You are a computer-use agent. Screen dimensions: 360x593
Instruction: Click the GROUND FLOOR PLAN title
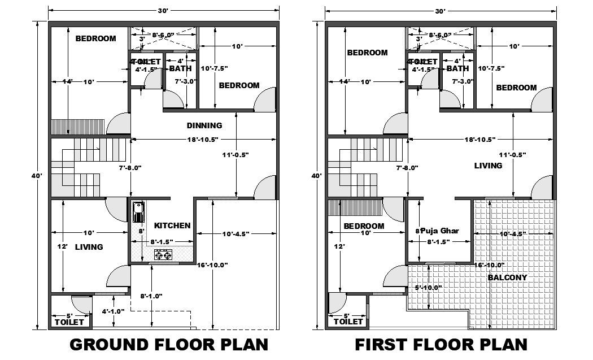(x=168, y=344)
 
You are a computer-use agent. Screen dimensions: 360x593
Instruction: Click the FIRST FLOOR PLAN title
(x=441, y=344)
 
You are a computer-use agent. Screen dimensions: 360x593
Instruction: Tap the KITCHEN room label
(x=172, y=225)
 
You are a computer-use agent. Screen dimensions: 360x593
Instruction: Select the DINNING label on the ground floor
(x=204, y=125)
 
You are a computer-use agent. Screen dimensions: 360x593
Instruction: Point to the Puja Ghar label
(x=440, y=231)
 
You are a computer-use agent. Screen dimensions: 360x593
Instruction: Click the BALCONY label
(x=507, y=277)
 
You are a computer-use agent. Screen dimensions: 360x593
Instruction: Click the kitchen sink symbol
(x=137, y=213)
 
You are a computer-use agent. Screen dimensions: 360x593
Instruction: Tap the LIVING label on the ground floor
(x=89, y=247)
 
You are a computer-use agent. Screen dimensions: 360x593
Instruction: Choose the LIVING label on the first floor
(x=488, y=166)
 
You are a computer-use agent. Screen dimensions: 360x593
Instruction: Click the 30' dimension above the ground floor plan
(x=164, y=11)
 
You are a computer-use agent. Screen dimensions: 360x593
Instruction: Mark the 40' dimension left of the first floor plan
(x=316, y=176)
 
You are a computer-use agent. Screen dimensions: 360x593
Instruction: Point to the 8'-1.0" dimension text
(x=151, y=296)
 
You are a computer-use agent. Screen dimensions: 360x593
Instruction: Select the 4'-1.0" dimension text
(x=113, y=311)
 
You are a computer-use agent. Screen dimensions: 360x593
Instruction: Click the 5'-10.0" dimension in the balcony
(x=428, y=287)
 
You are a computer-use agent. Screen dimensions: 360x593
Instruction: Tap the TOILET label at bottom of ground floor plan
(x=69, y=322)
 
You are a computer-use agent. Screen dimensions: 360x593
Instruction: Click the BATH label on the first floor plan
(x=457, y=68)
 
